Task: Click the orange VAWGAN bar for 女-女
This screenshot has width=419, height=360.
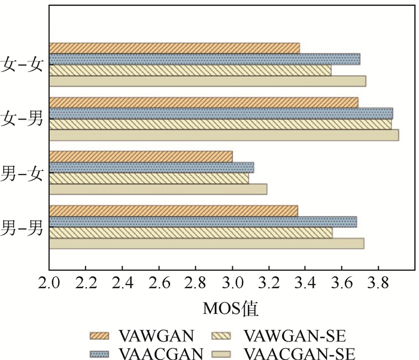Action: pyautogui.click(x=174, y=48)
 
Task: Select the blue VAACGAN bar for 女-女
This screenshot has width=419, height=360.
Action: pyautogui.click(x=204, y=59)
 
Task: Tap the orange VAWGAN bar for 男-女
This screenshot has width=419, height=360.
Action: pyautogui.click(x=141, y=157)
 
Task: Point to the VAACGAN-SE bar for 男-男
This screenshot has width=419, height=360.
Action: pyautogui.click(x=206, y=243)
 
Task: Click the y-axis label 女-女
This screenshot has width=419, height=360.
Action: pyautogui.click(x=23, y=65)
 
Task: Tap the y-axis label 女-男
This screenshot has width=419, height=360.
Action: pyautogui.click(x=23, y=119)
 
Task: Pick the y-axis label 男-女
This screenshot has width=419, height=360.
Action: pyautogui.click(x=23, y=173)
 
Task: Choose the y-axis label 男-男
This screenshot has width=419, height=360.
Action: pyautogui.click(x=23, y=227)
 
